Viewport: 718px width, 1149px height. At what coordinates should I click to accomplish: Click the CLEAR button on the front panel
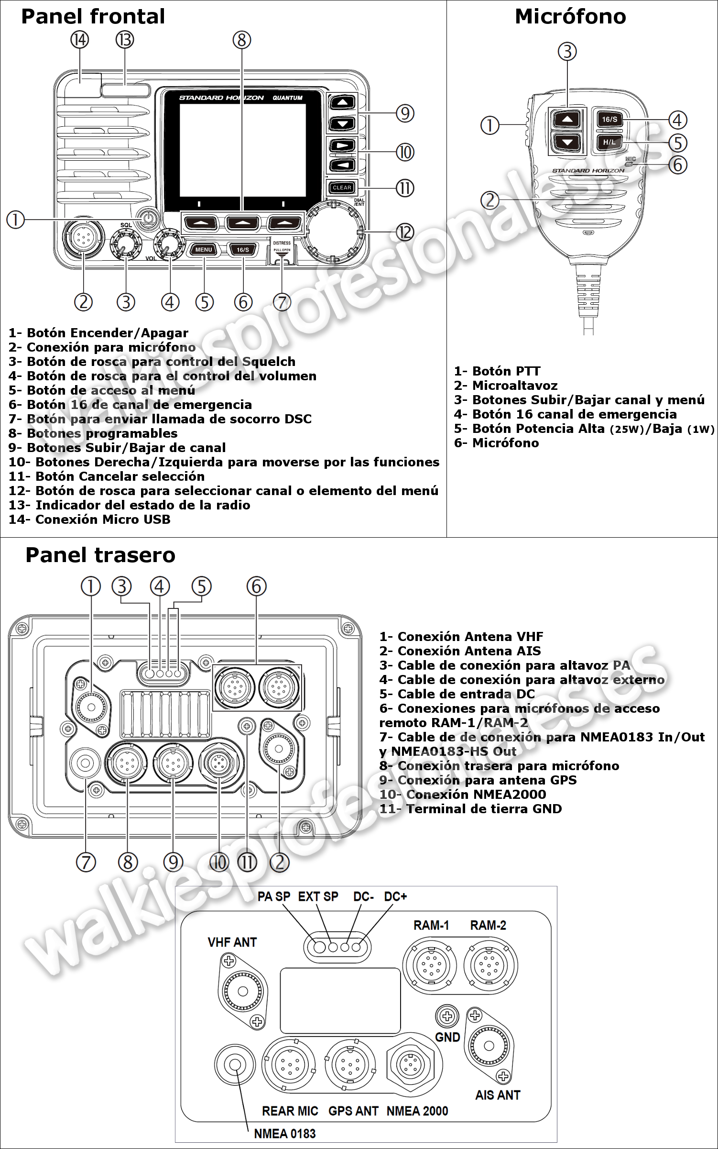(342, 188)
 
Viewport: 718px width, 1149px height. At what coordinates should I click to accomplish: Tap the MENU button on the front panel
(204, 249)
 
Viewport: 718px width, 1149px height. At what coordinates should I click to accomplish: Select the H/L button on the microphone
(609, 142)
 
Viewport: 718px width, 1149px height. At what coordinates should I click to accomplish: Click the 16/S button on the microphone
(609, 119)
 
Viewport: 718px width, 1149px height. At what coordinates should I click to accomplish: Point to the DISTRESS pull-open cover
(282, 249)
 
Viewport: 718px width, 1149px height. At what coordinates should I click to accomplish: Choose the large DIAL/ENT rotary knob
(333, 232)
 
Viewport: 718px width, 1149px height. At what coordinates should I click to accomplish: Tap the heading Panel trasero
(100, 555)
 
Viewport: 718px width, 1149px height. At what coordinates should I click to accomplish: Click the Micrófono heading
(570, 17)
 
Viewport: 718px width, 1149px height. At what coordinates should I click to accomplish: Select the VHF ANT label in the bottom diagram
(232, 942)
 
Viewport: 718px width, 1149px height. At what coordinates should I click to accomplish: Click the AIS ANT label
(498, 1095)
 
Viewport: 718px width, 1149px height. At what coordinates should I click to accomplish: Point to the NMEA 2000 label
(417, 1111)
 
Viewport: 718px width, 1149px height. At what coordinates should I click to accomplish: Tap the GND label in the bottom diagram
(447, 1037)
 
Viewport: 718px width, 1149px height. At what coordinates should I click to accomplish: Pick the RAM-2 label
(488, 925)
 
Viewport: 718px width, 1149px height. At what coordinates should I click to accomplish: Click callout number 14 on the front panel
(80, 40)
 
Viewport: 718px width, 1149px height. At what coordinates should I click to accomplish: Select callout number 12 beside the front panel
(404, 232)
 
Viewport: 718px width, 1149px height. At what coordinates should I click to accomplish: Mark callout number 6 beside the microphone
(677, 165)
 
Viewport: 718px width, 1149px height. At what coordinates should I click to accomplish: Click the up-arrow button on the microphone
(567, 119)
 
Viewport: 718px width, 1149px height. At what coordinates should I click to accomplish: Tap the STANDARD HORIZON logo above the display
(221, 98)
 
